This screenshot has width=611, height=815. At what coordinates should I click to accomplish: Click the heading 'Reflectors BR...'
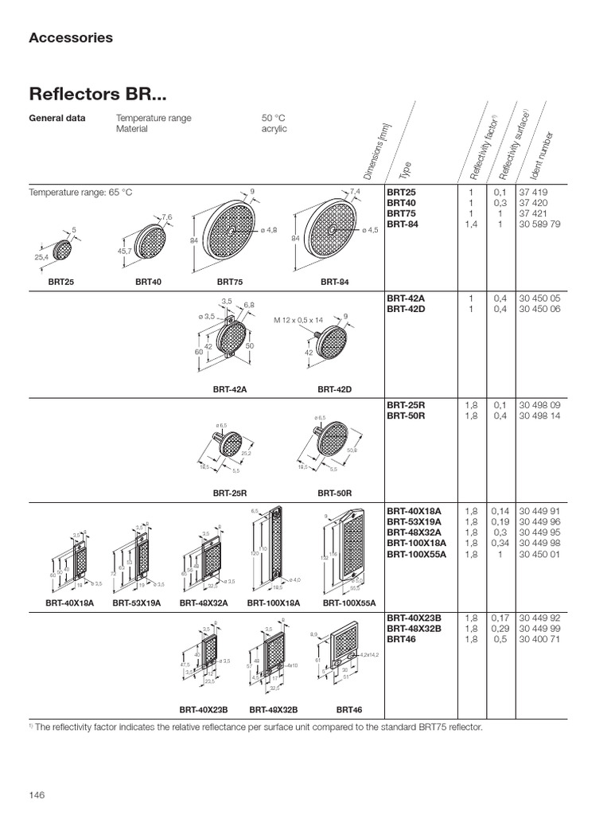(x=98, y=95)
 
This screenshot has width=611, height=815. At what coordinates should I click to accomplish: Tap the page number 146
(x=38, y=794)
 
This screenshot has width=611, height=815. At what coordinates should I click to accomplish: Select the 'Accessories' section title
(x=71, y=37)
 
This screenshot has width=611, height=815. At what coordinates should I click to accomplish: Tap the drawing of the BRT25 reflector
(x=61, y=249)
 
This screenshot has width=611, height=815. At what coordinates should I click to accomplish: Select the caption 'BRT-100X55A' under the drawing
(x=349, y=603)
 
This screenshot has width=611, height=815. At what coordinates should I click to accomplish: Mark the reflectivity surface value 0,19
(x=500, y=521)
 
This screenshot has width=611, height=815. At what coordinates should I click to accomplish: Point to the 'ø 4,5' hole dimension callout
(x=369, y=231)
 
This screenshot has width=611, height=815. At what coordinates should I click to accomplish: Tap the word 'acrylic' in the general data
(x=274, y=129)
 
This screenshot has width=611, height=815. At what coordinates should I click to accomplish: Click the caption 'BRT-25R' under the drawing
(x=229, y=493)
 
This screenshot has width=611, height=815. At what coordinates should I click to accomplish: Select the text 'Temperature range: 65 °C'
(x=81, y=193)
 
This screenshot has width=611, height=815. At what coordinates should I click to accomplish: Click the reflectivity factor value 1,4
(x=471, y=224)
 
